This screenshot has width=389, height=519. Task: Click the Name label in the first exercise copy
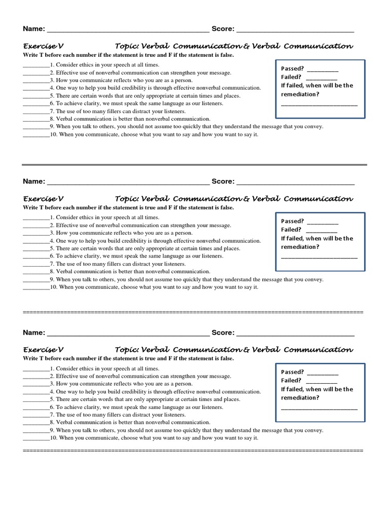pos(33,29)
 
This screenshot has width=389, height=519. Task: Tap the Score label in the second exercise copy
pos(222,181)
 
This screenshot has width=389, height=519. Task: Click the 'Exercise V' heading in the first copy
pos(43,46)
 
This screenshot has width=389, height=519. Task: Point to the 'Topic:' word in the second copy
pos(127,199)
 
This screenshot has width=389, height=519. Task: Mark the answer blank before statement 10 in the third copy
pos(35,438)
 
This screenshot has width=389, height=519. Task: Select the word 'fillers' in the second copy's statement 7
pos(113,264)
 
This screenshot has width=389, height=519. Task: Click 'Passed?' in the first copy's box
pos(292,69)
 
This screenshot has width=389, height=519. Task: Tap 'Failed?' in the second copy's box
pos(291,230)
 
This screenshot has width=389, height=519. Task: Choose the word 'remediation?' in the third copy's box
pos(300,398)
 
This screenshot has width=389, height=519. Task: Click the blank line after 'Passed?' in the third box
pos(323,374)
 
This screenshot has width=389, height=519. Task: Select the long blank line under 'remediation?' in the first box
pos(319,104)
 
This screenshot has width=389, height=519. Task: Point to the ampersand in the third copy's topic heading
pos(247,350)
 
